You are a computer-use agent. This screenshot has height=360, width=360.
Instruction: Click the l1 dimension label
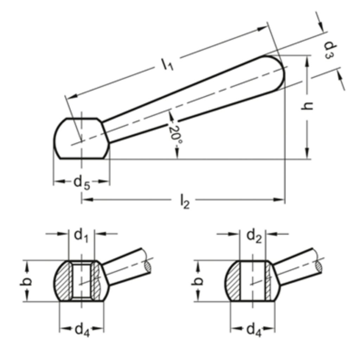[x=167, y=65]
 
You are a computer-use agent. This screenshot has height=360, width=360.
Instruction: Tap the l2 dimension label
[x=185, y=201]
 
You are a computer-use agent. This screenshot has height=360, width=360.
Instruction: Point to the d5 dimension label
[x=82, y=183]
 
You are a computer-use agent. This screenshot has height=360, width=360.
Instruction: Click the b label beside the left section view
[x=25, y=281]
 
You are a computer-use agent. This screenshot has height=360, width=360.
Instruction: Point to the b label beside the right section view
[x=197, y=281]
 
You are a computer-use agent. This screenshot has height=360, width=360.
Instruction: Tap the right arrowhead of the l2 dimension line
[x=279, y=200]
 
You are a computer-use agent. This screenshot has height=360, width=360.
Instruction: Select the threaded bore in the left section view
[x=82, y=281]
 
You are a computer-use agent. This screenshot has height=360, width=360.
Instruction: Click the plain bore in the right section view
[x=252, y=281]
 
